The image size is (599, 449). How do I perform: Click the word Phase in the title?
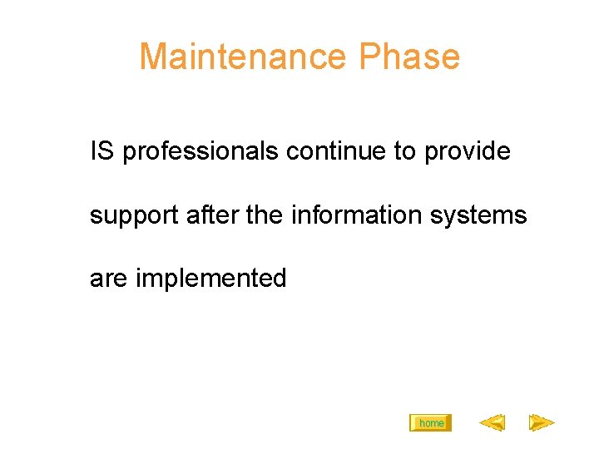pos(409,57)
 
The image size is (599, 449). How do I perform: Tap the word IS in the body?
pos(102,151)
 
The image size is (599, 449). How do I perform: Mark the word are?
pos(108,279)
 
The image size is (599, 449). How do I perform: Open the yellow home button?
pos(431,423)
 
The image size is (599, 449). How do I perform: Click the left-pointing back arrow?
pos(492,423)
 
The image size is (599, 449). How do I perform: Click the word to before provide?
pos(405,151)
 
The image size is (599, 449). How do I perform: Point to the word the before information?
pos(265,215)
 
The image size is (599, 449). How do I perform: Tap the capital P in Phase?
pos(369,57)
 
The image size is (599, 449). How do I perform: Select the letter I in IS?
pos(93,151)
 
